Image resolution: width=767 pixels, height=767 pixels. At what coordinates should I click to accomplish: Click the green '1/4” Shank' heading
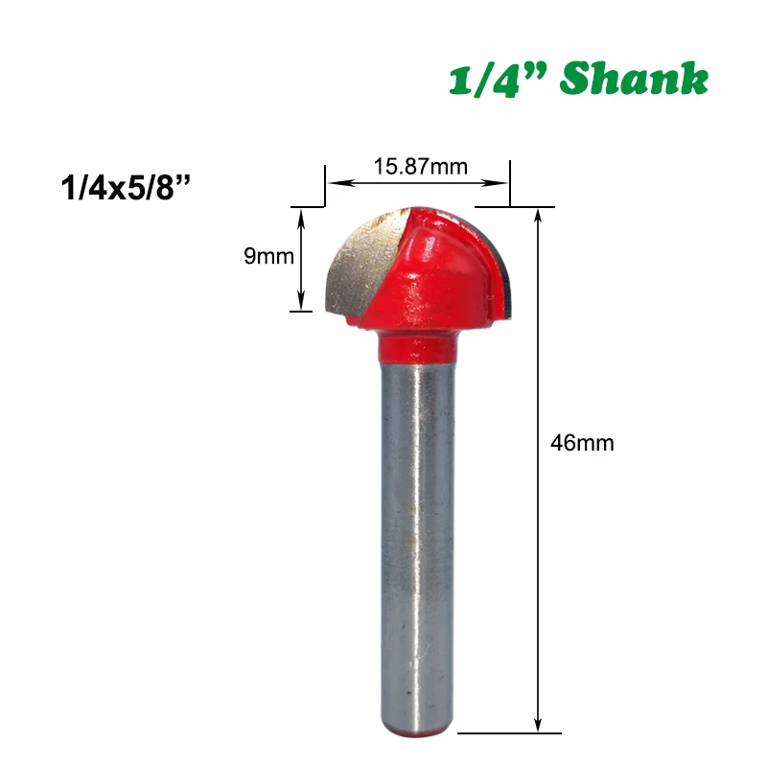click(x=579, y=80)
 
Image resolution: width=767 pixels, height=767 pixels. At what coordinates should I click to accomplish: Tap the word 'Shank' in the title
click(x=634, y=80)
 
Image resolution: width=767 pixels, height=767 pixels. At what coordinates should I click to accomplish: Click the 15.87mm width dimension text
click(x=413, y=166)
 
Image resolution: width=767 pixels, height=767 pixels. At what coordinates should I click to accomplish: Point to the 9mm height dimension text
click(x=268, y=257)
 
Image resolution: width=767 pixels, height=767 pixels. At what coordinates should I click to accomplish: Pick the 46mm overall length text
click(x=582, y=443)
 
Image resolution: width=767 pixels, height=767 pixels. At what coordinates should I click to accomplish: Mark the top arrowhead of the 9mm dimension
click(x=302, y=215)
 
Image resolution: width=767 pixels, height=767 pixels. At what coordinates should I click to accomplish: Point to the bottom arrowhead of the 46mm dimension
click(x=539, y=725)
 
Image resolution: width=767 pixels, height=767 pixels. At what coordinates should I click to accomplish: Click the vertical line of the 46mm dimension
click(x=539, y=575)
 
